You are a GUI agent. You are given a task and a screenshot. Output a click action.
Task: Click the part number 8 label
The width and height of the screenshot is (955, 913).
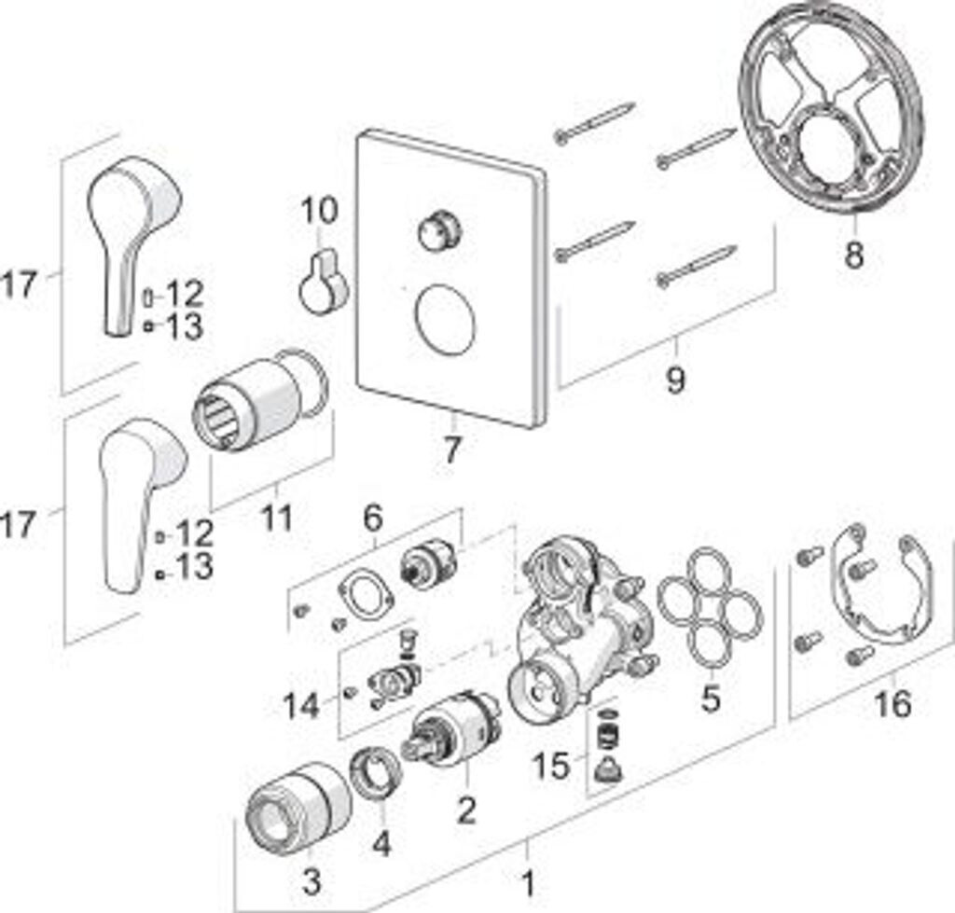pyautogui.click(x=853, y=253)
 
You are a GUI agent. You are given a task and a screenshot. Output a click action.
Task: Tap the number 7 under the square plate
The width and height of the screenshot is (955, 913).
pyautogui.click(x=451, y=450)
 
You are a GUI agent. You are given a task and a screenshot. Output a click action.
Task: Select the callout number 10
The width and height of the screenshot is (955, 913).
pyautogui.click(x=319, y=211)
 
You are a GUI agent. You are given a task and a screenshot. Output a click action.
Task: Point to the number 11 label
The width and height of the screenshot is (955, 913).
pyautogui.click(x=275, y=518)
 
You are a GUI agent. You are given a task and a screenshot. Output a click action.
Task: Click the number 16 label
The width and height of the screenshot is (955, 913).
pyautogui.click(x=893, y=703)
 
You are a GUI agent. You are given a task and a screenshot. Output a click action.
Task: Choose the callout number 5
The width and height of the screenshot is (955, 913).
pyautogui.click(x=711, y=698)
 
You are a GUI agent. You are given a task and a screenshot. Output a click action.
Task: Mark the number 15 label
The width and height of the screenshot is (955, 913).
pyautogui.click(x=551, y=766)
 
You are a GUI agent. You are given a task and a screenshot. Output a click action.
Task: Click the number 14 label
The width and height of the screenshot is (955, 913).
pyautogui.click(x=302, y=706)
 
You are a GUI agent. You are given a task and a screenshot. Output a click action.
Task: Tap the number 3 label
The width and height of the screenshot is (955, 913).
pyautogui.click(x=311, y=878)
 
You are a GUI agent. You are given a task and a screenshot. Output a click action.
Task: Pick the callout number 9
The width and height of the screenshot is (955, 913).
pyautogui.click(x=674, y=380)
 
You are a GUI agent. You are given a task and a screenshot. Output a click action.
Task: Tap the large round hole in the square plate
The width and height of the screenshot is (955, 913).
pyautogui.click(x=445, y=318)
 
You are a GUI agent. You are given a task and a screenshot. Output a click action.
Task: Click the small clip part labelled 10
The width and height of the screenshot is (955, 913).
pyautogui.click(x=323, y=284)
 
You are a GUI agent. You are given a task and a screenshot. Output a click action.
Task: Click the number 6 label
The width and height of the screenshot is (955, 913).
pyautogui.click(x=373, y=516)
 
